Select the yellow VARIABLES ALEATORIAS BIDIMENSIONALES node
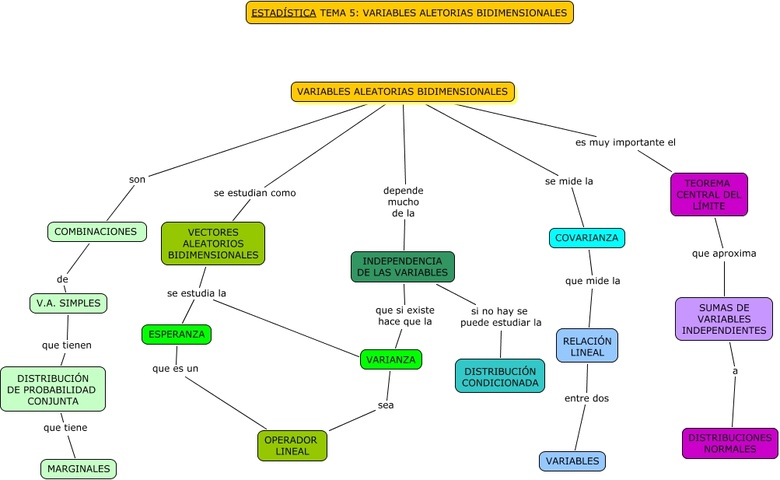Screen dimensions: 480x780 click(x=403, y=92)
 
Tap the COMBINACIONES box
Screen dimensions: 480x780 click(x=96, y=232)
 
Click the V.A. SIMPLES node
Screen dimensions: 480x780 click(x=68, y=303)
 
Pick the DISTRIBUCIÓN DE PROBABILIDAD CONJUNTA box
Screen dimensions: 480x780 click(x=52, y=389)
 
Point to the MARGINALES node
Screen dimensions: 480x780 click(x=79, y=469)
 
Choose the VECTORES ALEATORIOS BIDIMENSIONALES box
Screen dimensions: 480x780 click(x=213, y=244)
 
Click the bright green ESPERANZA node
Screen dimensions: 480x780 click(x=177, y=335)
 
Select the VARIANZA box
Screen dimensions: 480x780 click(x=391, y=359)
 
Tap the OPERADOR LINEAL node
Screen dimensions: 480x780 click(x=292, y=446)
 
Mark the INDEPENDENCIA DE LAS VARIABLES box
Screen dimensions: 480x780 click(x=403, y=267)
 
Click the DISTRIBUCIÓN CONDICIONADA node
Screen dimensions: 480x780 click(x=500, y=377)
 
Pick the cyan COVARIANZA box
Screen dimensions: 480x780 click(x=587, y=238)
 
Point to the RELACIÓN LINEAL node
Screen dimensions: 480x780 click(x=587, y=346)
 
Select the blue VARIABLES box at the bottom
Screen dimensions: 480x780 click(x=572, y=461)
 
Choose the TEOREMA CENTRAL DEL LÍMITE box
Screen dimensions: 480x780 click(x=708, y=194)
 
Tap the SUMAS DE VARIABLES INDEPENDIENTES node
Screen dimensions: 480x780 click(x=724, y=319)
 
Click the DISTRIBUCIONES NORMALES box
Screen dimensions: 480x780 click(x=730, y=443)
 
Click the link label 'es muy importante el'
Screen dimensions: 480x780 click(x=625, y=142)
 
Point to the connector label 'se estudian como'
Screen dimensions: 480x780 click(x=254, y=193)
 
